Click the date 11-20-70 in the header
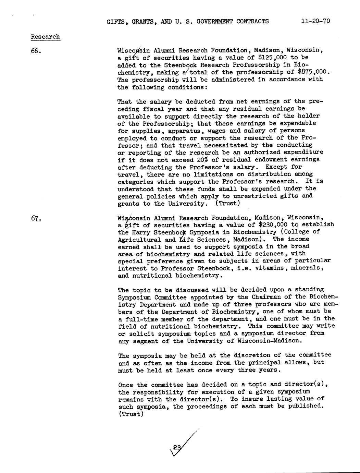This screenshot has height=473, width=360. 315,21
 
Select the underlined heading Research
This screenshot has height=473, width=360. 46,37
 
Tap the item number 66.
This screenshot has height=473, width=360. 36,51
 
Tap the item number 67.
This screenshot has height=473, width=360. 36,218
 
